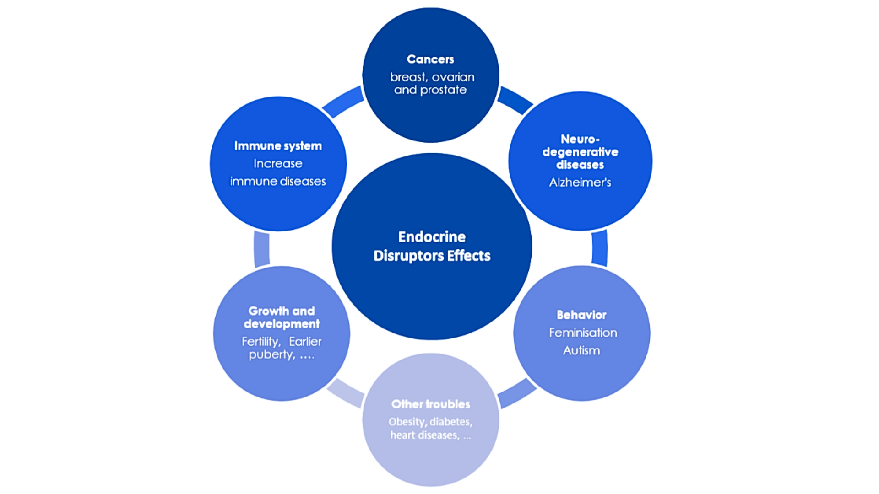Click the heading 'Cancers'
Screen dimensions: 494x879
click(430, 59)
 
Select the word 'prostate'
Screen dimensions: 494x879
click(443, 90)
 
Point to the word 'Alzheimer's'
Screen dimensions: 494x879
click(580, 183)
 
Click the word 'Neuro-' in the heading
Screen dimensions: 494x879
click(580, 139)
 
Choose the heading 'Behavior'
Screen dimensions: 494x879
click(581, 315)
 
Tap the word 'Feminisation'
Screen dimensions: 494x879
click(583, 333)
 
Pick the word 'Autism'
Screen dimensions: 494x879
click(581, 351)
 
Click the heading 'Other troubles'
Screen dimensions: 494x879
click(430, 404)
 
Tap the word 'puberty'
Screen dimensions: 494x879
click(271, 355)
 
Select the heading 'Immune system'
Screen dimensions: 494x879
click(278, 146)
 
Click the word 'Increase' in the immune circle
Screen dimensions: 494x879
click(278, 164)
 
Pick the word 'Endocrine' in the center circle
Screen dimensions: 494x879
click(432, 237)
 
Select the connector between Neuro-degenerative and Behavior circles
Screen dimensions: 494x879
click(600, 248)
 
